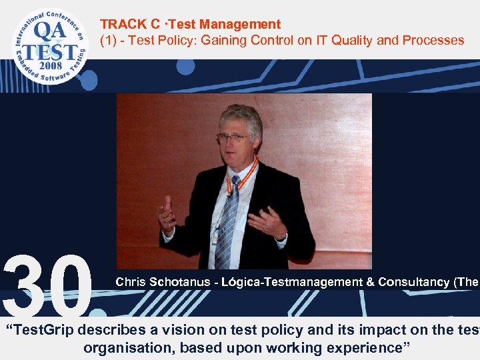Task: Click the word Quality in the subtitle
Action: point(351,41)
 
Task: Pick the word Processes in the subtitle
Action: point(431,41)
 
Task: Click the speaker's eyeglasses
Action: point(233,137)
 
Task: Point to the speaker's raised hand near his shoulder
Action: point(167,215)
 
